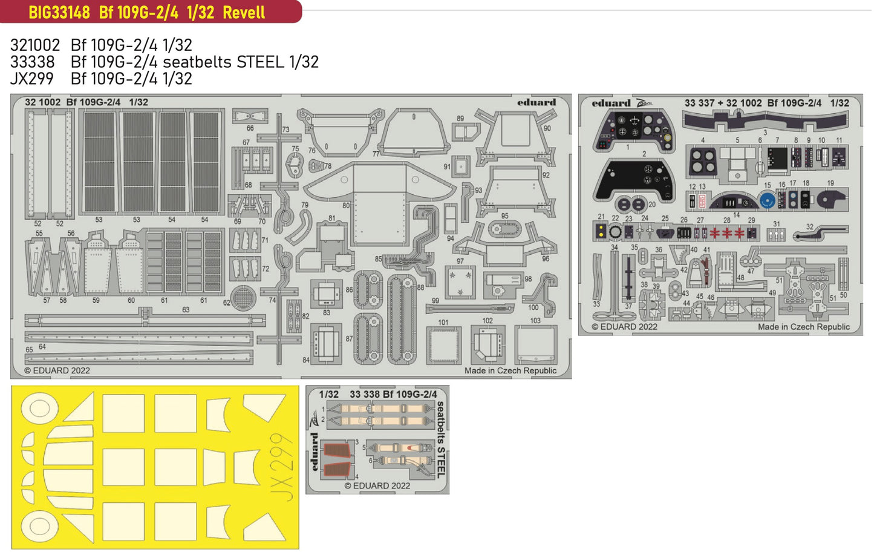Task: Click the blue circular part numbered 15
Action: point(767,201)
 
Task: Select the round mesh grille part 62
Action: point(243,297)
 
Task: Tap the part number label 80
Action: point(346,206)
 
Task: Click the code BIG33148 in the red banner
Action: point(59,12)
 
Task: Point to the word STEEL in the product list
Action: point(260,62)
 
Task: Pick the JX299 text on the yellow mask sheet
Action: point(282,466)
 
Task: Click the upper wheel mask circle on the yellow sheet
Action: point(39,408)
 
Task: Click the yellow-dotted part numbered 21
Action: point(601,231)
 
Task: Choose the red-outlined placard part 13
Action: point(702,200)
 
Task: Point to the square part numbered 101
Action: point(445,345)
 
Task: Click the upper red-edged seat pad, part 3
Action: point(338,451)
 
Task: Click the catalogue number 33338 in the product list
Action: point(32,62)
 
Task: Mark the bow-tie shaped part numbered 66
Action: point(250,116)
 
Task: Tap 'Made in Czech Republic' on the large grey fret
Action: point(510,370)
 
